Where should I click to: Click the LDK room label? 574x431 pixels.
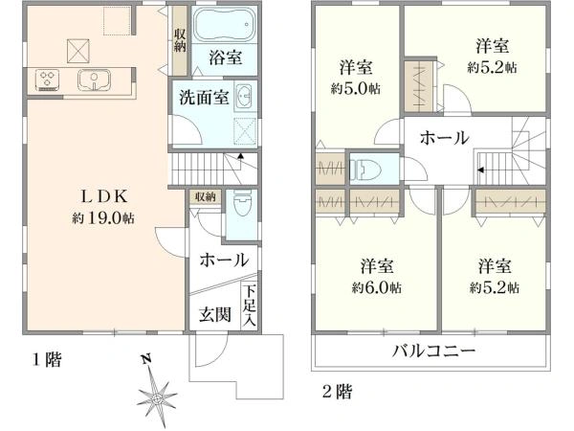tap(104, 196)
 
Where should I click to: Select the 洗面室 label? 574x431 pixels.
tap(204, 97)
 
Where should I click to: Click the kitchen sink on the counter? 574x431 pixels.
tap(94, 79)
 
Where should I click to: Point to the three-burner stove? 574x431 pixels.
tap(48, 80)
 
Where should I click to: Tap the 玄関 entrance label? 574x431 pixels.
tap(215, 314)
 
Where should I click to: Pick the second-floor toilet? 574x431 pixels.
tap(365, 170)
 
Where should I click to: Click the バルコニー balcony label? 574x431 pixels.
tap(433, 352)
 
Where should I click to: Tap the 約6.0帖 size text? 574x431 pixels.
tap(377, 288)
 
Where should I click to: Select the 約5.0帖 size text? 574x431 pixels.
tap(356, 89)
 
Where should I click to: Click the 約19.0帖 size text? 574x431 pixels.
tap(103, 218)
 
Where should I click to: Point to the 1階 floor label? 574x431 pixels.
tap(47, 360)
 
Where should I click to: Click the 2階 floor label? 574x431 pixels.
tap(338, 392)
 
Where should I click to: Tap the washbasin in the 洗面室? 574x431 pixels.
tap(243, 96)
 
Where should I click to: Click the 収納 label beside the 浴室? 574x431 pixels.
tap(180, 40)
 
